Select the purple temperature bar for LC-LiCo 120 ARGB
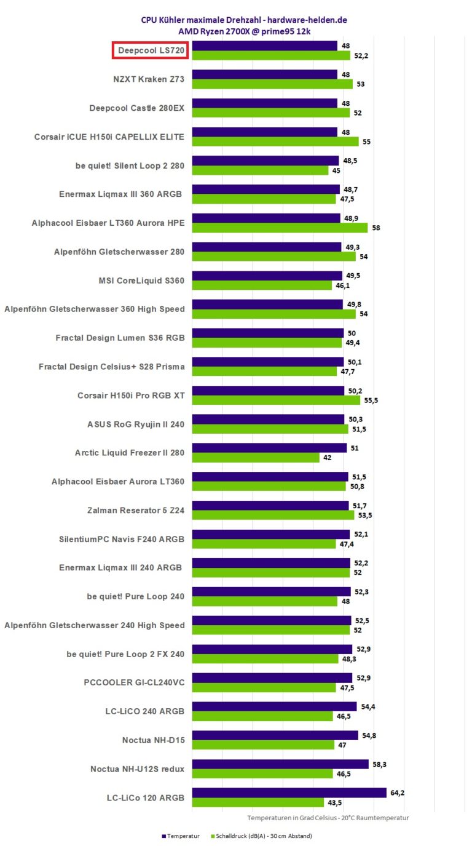[x=289, y=792]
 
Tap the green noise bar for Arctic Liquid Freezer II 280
[x=256, y=458]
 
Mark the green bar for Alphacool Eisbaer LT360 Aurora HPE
[x=280, y=228]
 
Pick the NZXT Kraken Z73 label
[x=145, y=79]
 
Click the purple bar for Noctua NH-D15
[x=275, y=735]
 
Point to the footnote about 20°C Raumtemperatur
[x=328, y=818]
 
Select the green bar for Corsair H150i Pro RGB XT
[x=276, y=400]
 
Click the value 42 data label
[x=328, y=458]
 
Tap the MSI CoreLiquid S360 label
[x=141, y=280]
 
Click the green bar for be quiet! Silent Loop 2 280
[x=260, y=170]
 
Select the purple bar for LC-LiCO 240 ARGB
[x=274, y=706]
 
